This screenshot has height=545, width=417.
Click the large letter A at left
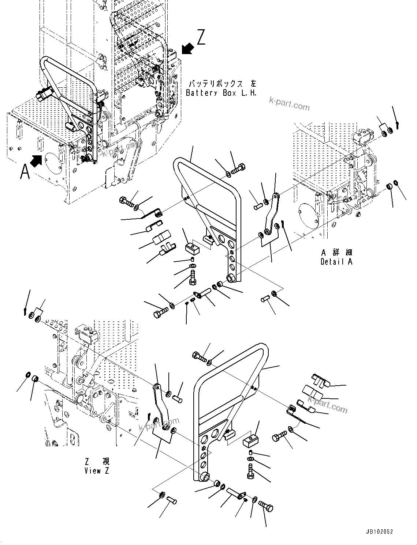click(x=25, y=172)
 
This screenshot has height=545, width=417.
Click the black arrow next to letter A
click(x=36, y=160)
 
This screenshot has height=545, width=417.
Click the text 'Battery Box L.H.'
click(x=221, y=93)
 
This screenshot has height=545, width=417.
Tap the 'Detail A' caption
click(x=336, y=262)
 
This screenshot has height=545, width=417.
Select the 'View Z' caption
click(x=97, y=471)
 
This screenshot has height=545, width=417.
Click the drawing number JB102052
click(x=379, y=532)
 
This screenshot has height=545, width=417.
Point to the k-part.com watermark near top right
click(x=289, y=103)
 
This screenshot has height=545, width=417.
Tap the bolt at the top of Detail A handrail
click(x=238, y=169)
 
